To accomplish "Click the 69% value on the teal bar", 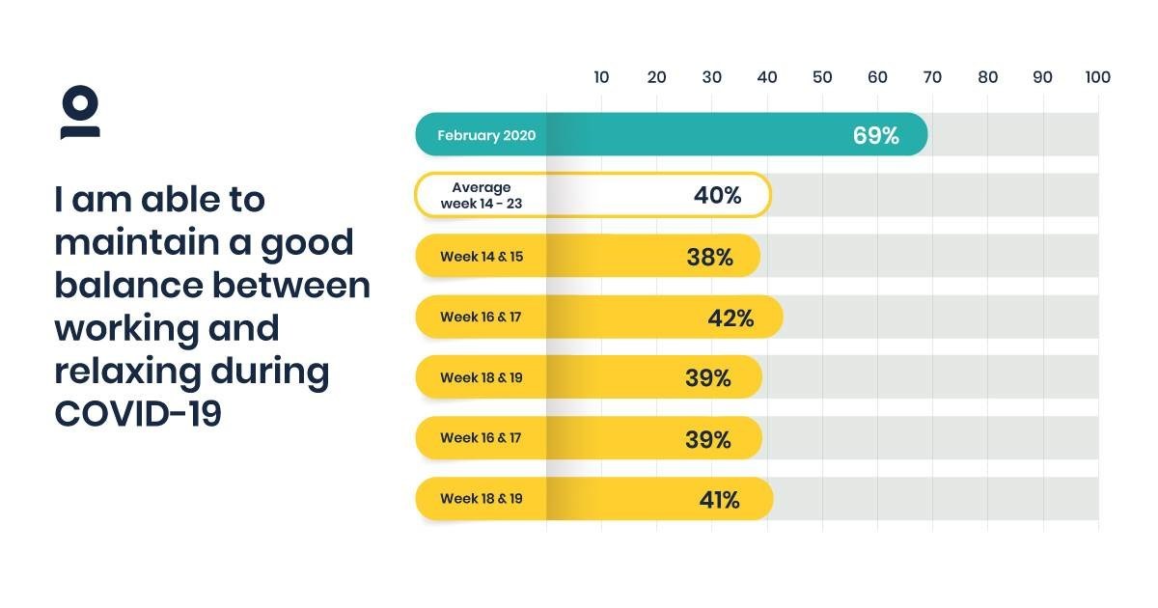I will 875,135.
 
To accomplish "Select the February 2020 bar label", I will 486,135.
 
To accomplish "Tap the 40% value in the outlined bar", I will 717,196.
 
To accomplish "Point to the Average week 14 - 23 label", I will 482,196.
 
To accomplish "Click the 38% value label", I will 709,257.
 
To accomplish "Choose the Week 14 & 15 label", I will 482,257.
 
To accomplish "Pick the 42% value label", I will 731,318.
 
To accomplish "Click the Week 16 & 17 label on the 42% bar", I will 481,317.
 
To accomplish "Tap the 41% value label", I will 719,499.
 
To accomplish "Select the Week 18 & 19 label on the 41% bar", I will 481,499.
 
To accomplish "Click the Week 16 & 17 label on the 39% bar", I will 481,438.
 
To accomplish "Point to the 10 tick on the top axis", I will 601,77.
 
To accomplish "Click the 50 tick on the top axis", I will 822,77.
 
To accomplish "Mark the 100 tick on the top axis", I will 1097,77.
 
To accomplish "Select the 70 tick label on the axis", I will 932,77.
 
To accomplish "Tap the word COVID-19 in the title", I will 138,414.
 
